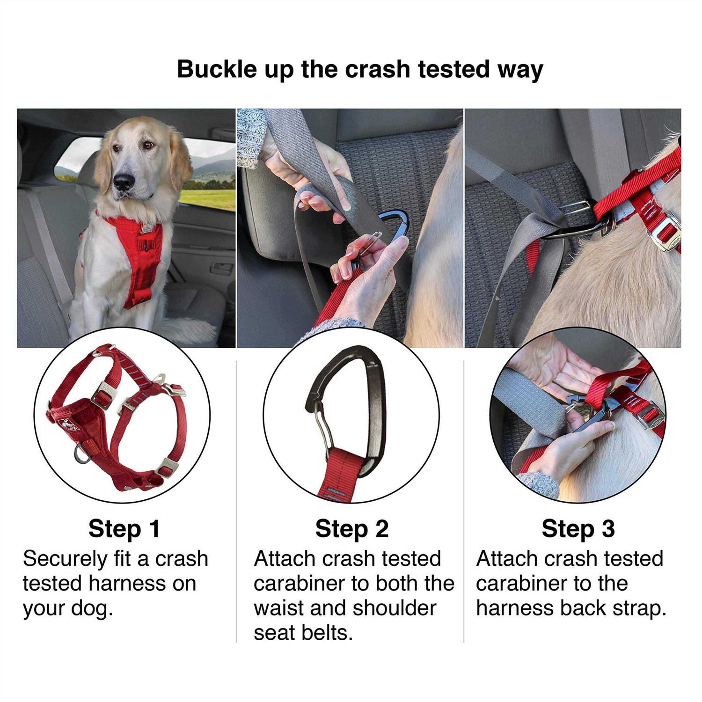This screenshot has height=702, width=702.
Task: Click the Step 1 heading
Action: tap(124, 529)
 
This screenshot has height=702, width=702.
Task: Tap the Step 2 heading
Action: tap(351, 529)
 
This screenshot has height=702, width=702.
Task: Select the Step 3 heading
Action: tap(578, 529)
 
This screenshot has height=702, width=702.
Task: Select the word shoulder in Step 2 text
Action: tap(395, 608)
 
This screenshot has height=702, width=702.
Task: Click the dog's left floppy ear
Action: tap(180, 159)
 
